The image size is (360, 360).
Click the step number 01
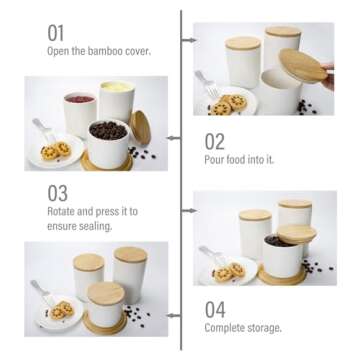pyautogui.click(x=56, y=32)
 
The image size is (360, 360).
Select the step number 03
pyautogui.click(x=57, y=192)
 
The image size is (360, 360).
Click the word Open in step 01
pyautogui.click(x=58, y=51)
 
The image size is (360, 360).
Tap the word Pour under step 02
pyautogui.click(x=216, y=159)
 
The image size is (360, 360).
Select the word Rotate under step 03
pyautogui.click(x=63, y=211)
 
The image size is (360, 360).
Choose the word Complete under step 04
pyautogui.click(x=229, y=327)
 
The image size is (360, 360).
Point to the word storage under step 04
pyautogui.click(x=268, y=327)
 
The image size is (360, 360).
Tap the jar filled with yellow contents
pyautogui.click(x=116, y=100)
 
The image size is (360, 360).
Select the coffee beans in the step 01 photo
pyautogui.click(x=108, y=131)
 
